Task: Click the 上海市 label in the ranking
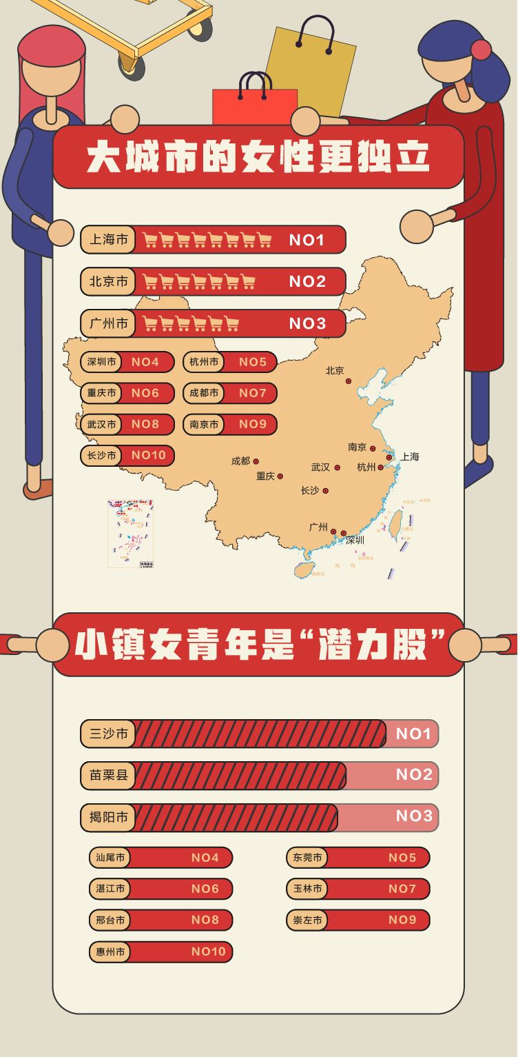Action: click(108, 240)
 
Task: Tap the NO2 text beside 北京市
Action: click(307, 281)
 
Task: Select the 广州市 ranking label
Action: click(108, 323)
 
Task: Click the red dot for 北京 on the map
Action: click(349, 381)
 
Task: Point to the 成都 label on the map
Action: click(241, 461)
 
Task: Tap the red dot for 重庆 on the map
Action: click(280, 476)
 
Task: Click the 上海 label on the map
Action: click(410, 456)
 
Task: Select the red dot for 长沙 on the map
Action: click(326, 491)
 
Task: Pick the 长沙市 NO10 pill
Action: click(127, 455)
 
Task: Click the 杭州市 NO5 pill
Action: click(230, 362)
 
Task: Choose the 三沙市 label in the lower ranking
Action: click(108, 734)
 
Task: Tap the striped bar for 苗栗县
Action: click(241, 775)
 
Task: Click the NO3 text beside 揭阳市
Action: click(414, 816)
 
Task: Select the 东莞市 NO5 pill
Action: click(358, 858)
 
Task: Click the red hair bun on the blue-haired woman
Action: click(481, 50)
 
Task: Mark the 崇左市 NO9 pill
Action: click(358, 920)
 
